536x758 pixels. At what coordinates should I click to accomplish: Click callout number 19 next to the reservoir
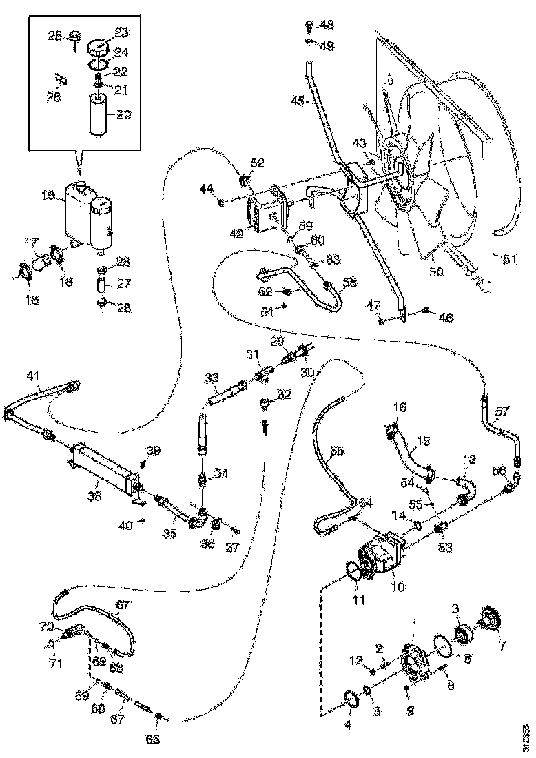pyautogui.click(x=48, y=196)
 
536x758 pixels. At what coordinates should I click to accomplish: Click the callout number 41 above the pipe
pyautogui.click(x=34, y=376)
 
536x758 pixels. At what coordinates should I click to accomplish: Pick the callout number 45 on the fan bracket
pyautogui.click(x=298, y=101)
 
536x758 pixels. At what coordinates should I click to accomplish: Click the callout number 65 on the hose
pyautogui.click(x=337, y=452)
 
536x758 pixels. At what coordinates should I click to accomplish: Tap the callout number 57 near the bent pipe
pyautogui.click(x=503, y=411)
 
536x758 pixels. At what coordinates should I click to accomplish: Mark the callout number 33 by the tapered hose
pyautogui.click(x=212, y=378)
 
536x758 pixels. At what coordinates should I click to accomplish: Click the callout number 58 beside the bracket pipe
pyautogui.click(x=351, y=283)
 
